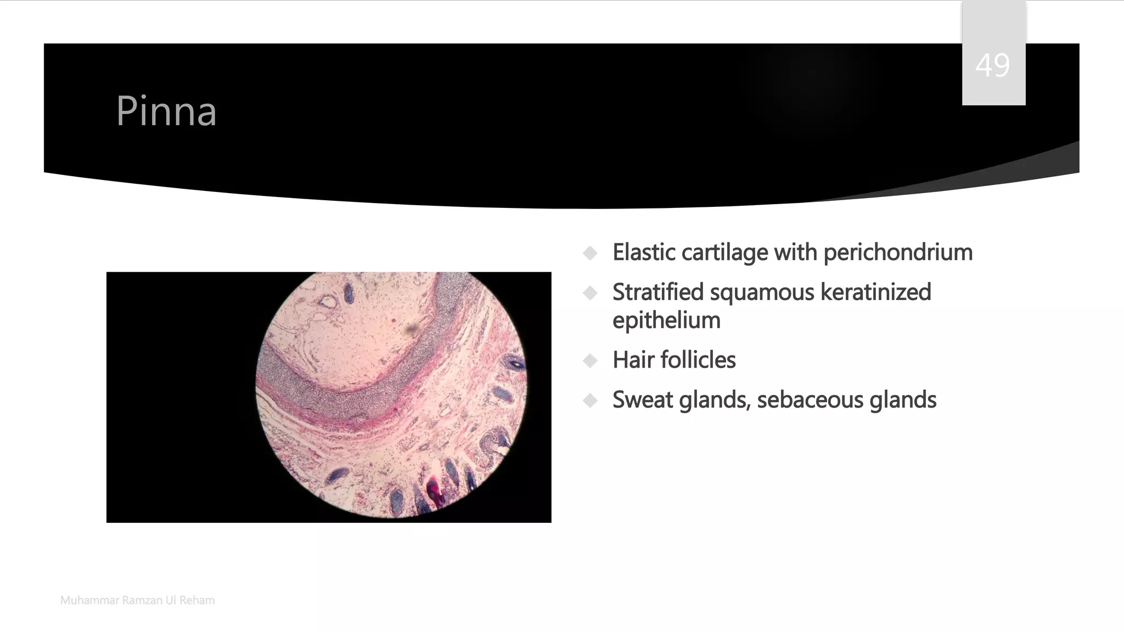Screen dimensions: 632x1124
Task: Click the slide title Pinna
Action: click(x=166, y=111)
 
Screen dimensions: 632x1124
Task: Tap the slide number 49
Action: click(x=992, y=66)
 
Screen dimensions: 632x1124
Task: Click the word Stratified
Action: click(x=657, y=292)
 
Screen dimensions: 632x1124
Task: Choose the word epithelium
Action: click(x=666, y=320)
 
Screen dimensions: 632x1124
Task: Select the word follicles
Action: click(x=698, y=360)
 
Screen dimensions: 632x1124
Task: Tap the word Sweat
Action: click(x=642, y=400)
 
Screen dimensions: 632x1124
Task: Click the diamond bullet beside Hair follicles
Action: click(x=591, y=361)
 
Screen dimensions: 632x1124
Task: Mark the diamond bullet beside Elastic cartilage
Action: click(x=591, y=253)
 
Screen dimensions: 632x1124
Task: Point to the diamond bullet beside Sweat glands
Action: click(x=591, y=401)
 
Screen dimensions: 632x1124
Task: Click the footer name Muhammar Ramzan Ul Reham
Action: click(x=137, y=600)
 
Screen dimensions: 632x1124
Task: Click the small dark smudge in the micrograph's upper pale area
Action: click(x=411, y=329)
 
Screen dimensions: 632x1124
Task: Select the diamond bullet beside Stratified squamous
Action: click(x=591, y=293)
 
